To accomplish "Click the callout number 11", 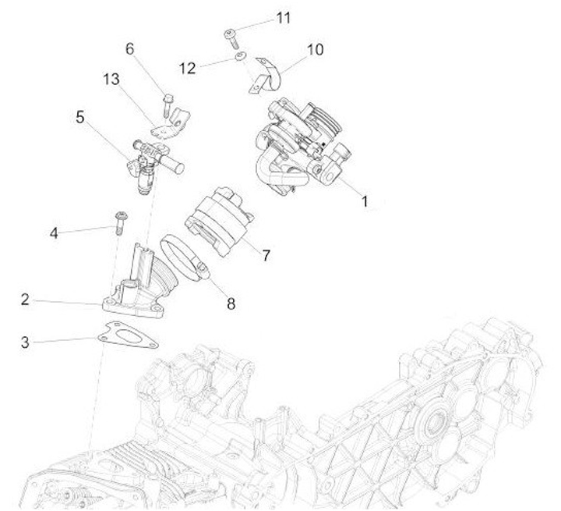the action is (x=284, y=18).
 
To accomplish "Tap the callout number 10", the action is (x=316, y=49).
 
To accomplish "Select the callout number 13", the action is (x=111, y=80).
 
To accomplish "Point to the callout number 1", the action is (x=365, y=201).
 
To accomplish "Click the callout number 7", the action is (x=266, y=256).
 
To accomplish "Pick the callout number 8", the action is (x=231, y=304).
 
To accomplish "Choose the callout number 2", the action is (x=25, y=300).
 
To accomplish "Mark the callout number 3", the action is (x=25, y=342).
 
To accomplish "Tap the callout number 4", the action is (x=54, y=233).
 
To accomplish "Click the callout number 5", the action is (x=79, y=117).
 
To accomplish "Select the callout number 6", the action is (x=130, y=48).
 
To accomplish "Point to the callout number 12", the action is (x=188, y=68).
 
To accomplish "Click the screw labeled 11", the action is (x=231, y=38).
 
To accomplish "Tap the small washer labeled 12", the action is (x=240, y=56).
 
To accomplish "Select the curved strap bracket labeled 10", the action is (x=266, y=77).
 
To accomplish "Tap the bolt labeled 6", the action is (x=168, y=105).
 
